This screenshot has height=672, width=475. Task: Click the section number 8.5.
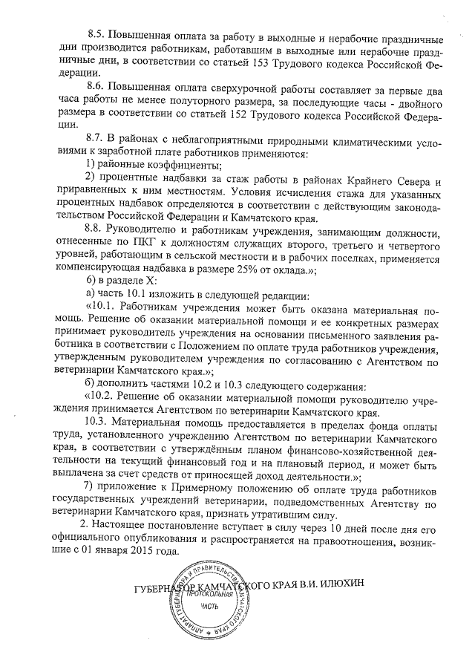(x=97, y=36)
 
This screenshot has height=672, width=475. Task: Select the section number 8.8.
(x=97, y=227)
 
